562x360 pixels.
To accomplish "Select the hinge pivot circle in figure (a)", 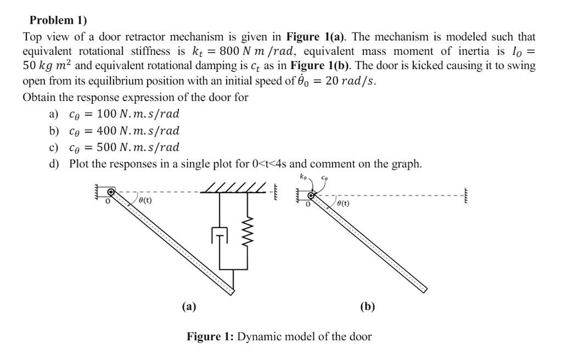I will point(111,192).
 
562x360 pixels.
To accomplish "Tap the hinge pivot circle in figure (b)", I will point(311,195).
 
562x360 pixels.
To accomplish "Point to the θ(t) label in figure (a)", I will point(144,200).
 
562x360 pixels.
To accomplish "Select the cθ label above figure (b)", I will point(325,177).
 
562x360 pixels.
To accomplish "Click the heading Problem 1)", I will point(58,20).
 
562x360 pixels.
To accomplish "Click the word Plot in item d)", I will point(79,164).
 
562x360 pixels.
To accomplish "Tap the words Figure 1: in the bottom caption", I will point(210,336).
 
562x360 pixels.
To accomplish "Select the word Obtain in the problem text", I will point(40,98).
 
